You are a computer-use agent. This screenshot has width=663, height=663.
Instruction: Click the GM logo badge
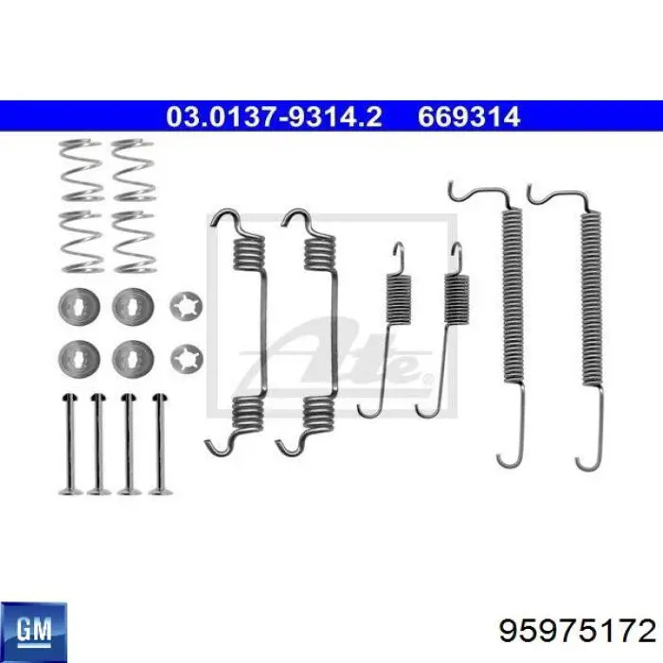pos(33,633)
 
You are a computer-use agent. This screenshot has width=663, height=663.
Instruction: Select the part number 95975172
pos(577,632)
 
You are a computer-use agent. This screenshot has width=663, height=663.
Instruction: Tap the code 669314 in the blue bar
pos(469,116)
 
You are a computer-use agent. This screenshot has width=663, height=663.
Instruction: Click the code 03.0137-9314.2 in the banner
pos(274,116)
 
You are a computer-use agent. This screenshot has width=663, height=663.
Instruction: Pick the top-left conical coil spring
pos(81,170)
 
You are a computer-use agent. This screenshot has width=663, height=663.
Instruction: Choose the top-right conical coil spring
pos(134,170)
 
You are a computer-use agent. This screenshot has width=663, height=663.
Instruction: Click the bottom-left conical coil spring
pos(81,242)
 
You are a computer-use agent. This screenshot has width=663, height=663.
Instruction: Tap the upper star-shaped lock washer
pos(186,306)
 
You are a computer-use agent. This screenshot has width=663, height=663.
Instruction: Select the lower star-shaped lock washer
pos(187,360)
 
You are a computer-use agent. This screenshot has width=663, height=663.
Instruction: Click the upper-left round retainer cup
pos(79,307)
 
